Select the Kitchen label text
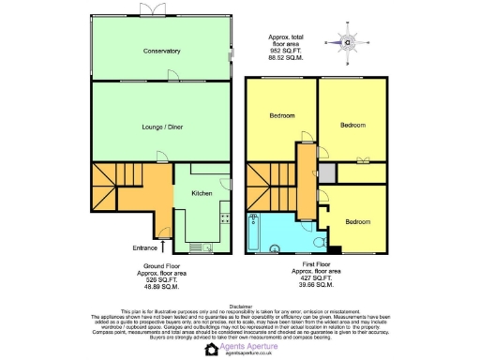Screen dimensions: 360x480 [x=202, y=193]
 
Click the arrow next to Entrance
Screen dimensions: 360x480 [x=165, y=247]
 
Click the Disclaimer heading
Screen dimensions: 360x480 [x=240, y=306]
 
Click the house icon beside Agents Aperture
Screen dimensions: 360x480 [x=211, y=350]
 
